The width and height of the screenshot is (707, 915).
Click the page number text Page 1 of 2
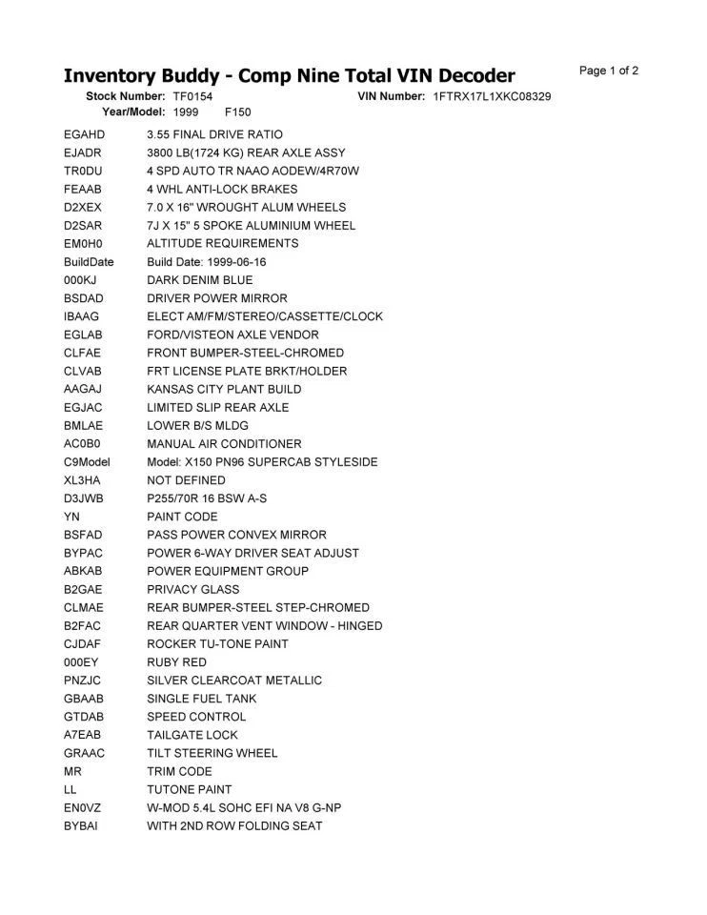tap(609, 71)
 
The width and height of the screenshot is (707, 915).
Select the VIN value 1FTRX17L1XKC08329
tap(492, 96)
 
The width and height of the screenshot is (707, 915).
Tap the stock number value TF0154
tap(192, 96)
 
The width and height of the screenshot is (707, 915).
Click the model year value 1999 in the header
tap(186, 112)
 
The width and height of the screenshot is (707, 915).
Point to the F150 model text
tap(238, 112)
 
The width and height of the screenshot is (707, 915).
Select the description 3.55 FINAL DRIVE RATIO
tap(214, 134)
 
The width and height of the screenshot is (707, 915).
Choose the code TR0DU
tap(84, 171)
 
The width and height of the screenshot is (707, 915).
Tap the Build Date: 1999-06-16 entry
tap(207, 262)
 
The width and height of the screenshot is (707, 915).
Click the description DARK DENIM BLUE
tap(200, 280)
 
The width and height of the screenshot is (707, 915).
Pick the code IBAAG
tap(82, 316)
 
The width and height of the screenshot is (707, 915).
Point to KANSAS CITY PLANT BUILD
tap(224, 389)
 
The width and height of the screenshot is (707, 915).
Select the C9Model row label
tap(88, 462)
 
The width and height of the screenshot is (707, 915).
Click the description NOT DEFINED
tap(186, 480)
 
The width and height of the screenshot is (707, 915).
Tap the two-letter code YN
tap(71, 517)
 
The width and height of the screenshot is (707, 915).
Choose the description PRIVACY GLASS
tap(193, 589)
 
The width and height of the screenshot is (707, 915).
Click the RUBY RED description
tap(176, 662)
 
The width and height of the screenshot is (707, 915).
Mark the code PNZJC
tap(83, 681)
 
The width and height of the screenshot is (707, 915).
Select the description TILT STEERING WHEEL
tap(212, 753)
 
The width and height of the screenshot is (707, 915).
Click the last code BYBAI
tap(81, 825)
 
